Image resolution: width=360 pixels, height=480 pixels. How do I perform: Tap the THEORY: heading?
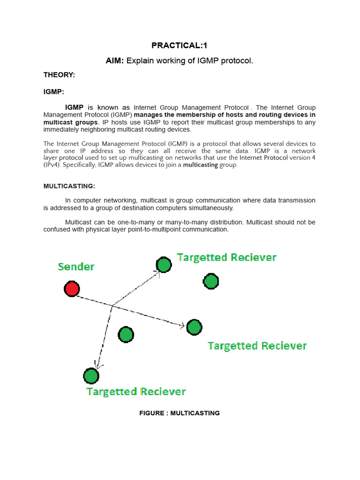pyautogui.click(x=59, y=75)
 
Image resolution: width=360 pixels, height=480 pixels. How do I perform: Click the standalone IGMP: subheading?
pyautogui.click(x=54, y=92)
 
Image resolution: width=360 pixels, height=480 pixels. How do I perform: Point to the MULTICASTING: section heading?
pyautogui.click(x=69, y=186)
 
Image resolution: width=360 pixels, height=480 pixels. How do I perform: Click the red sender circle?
pyautogui.click(x=72, y=289)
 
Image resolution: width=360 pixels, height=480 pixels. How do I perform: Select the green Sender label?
pyautogui.click(x=76, y=267)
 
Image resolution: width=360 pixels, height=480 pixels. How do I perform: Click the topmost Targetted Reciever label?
pyautogui.click(x=226, y=257)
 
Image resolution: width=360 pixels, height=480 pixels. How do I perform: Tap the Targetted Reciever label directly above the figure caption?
pyautogui.click(x=136, y=391)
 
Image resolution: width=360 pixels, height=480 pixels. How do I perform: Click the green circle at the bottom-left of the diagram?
pyautogui.click(x=91, y=375)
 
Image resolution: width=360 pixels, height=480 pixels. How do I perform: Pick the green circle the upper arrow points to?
pyautogui.click(x=164, y=265)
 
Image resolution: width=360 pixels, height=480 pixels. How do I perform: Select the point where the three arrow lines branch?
pyautogui.click(x=112, y=306)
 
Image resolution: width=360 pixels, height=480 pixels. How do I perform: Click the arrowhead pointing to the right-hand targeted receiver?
pyautogui.click(x=182, y=325)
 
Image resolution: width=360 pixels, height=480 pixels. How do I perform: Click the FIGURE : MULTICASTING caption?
pyautogui.click(x=180, y=413)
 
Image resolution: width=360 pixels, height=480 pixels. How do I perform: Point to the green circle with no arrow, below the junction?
pyautogui.click(x=126, y=335)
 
